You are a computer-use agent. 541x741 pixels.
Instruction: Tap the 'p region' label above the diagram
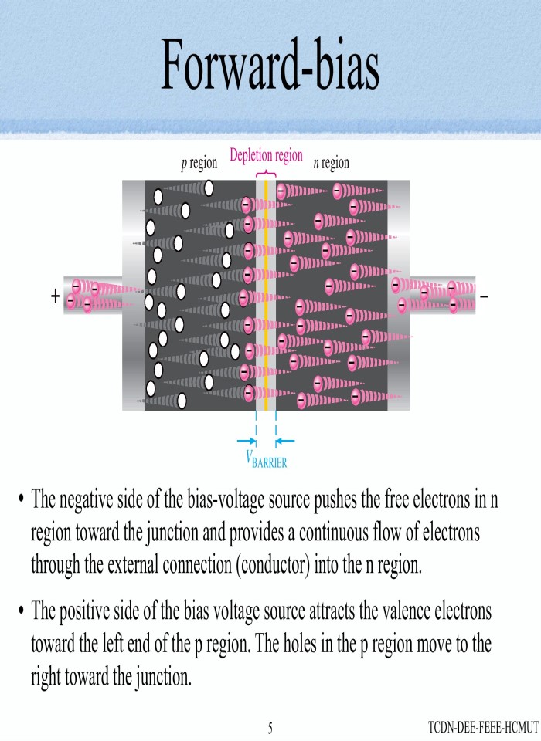(x=199, y=163)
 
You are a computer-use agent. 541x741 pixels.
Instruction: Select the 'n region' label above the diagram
(x=331, y=163)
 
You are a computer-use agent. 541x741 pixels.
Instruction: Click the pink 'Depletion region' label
(x=266, y=155)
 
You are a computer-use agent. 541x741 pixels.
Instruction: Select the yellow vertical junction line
(x=266, y=293)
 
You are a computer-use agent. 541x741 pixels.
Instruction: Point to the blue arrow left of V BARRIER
(x=246, y=442)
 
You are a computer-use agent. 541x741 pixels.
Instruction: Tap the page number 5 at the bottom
(x=270, y=727)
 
